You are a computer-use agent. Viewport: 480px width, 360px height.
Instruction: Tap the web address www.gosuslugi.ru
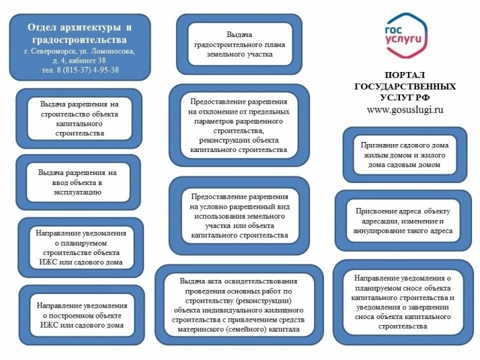click(405, 110)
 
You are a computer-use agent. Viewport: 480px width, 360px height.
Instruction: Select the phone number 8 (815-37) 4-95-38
click(87, 70)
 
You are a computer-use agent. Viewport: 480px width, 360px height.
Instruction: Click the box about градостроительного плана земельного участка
click(239, 44)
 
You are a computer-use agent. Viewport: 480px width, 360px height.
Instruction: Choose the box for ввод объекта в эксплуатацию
click(78, 182)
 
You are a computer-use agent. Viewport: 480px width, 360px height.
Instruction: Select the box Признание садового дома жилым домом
click(405, 155)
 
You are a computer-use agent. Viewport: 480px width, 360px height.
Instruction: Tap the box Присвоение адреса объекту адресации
click(403, 221)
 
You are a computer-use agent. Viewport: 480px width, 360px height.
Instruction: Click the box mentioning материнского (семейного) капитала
click(239, 305)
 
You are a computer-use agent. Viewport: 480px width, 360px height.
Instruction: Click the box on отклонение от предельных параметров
click(239, 126)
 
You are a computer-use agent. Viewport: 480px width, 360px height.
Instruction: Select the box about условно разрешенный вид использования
click(239, 216)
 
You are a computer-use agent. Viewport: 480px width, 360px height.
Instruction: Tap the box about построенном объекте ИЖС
click(82, 315)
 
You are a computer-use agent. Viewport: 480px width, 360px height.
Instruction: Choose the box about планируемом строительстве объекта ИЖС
click(81, 248)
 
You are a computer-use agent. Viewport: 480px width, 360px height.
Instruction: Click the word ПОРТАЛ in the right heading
click(405, 75)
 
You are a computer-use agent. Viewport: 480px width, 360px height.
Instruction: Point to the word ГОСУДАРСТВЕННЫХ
click(405, 87)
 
